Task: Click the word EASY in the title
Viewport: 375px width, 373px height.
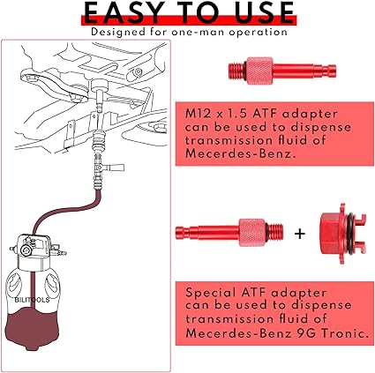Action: point(124,12)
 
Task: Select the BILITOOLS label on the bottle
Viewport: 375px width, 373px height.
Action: point(32,300)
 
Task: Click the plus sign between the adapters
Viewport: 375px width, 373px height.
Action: point(300,234)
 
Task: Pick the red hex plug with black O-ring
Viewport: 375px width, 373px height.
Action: point(342,234)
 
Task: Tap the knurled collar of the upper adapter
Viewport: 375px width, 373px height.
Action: point(259,71)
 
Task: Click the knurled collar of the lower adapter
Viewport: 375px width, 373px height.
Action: point(252,233)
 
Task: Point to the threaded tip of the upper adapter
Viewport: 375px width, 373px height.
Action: point(236,71)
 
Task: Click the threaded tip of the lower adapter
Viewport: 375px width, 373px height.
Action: point(275,233)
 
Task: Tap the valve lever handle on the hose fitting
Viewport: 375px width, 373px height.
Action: point(116,168)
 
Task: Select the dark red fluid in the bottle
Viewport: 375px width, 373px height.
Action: point(33,329)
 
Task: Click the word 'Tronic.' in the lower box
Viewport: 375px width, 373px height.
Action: point(344,333)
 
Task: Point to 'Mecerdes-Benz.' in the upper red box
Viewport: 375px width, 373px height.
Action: point(240,153)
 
